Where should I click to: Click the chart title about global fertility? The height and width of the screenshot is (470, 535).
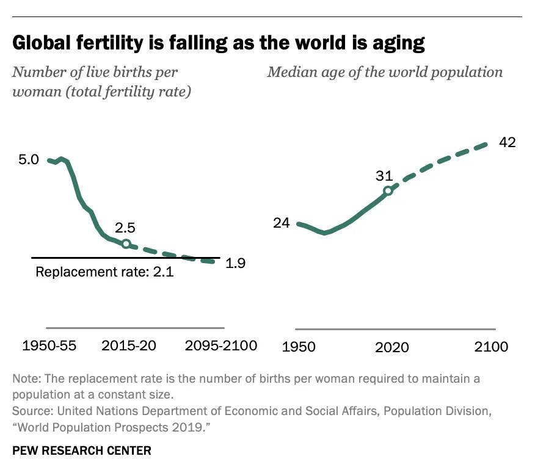219,43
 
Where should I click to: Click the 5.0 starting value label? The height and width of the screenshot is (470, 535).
28,160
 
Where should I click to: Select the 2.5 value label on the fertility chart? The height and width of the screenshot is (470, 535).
125,228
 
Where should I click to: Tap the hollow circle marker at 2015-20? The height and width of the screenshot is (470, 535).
126,244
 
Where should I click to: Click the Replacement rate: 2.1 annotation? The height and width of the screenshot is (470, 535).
104,272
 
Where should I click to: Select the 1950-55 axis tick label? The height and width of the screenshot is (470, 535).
49,345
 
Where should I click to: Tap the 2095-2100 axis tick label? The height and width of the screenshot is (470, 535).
220,345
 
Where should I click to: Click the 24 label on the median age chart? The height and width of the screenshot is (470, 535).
281,223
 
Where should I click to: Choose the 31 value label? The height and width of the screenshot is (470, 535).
384,176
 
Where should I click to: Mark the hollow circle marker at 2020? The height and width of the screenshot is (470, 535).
388,190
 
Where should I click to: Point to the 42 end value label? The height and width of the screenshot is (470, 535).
508,142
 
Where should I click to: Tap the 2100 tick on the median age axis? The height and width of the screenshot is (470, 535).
491,347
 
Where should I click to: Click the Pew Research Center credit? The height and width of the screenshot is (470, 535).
81,451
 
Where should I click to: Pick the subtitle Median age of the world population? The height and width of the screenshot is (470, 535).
385,72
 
